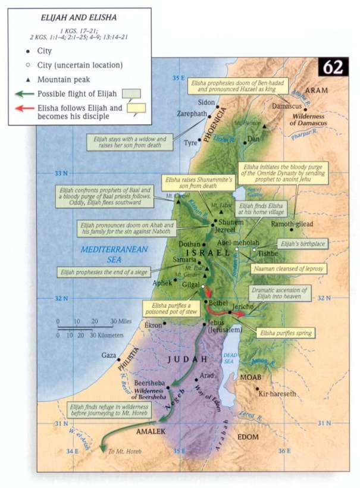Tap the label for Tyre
click(190, 143)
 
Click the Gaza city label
click(109, 355)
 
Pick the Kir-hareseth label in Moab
click(276, 393)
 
